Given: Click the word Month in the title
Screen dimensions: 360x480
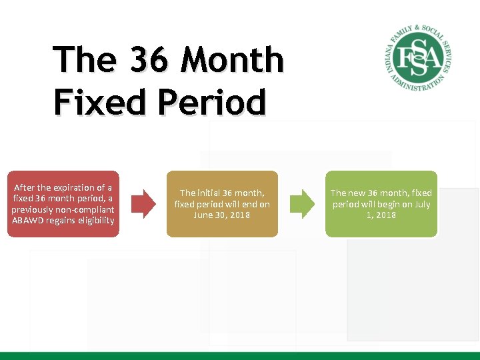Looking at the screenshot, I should point(233,61).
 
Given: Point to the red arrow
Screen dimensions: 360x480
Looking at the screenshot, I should point(141,204).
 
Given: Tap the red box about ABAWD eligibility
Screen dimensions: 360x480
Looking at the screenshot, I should point(63,204).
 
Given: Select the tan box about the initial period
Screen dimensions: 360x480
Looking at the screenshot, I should point(222,204).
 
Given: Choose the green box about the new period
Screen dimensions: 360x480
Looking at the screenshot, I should point(381,204).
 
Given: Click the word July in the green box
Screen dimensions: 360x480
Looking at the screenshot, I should point(422,204).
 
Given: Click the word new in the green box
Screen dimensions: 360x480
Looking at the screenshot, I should point(357,193).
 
